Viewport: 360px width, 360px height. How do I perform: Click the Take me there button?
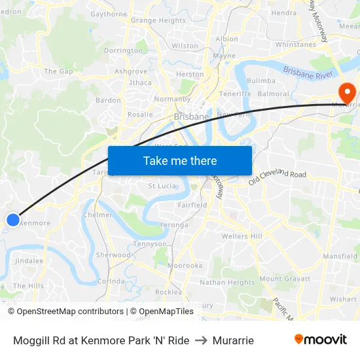point(180,160)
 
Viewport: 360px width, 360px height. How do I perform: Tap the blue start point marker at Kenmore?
point(12,220)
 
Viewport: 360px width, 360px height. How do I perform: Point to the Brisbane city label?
point(191,117)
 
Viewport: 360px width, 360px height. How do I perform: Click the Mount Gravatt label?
point(285,279)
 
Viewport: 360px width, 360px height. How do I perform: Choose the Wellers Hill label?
point(242,236)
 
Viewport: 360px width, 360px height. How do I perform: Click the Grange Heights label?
point(158,20)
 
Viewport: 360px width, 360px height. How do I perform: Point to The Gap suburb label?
point(58,71)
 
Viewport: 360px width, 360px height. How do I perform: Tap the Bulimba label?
point(261,81)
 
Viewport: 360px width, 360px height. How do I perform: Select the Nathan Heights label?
point(226,283)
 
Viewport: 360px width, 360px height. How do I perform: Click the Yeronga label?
point(173,225)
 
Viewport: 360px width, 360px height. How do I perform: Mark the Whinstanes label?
point(296,45)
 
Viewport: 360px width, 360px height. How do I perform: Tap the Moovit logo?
point(321,339)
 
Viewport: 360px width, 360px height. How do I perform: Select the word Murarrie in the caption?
point(233,340)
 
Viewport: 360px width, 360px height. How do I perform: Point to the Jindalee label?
point(29,261)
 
